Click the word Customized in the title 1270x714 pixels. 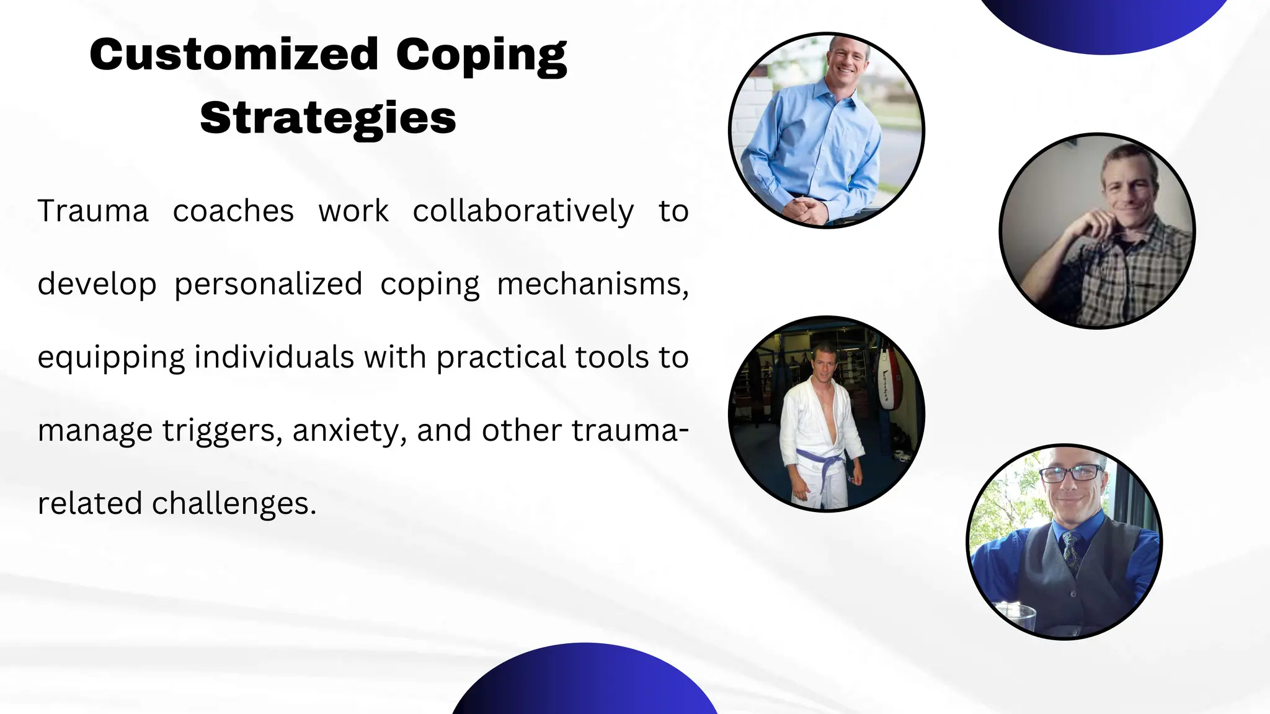click(x=234, y=55)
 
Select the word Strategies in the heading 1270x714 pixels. click(x=328, y=118)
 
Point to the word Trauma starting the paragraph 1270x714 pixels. click(x=93, y=211)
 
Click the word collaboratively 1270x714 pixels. click(x=523, y=211)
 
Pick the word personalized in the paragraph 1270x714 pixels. click(x=268, y=284)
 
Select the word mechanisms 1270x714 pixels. click(x=592, y=284)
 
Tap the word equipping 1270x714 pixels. click(x=111, y=358)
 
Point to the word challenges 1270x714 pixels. click(x=234, y=503)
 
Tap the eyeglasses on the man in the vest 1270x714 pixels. click(x=1068, y=474)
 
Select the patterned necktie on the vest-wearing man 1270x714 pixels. click(x=1070, y=549)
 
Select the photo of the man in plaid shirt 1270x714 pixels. click(x=1097, y=231)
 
